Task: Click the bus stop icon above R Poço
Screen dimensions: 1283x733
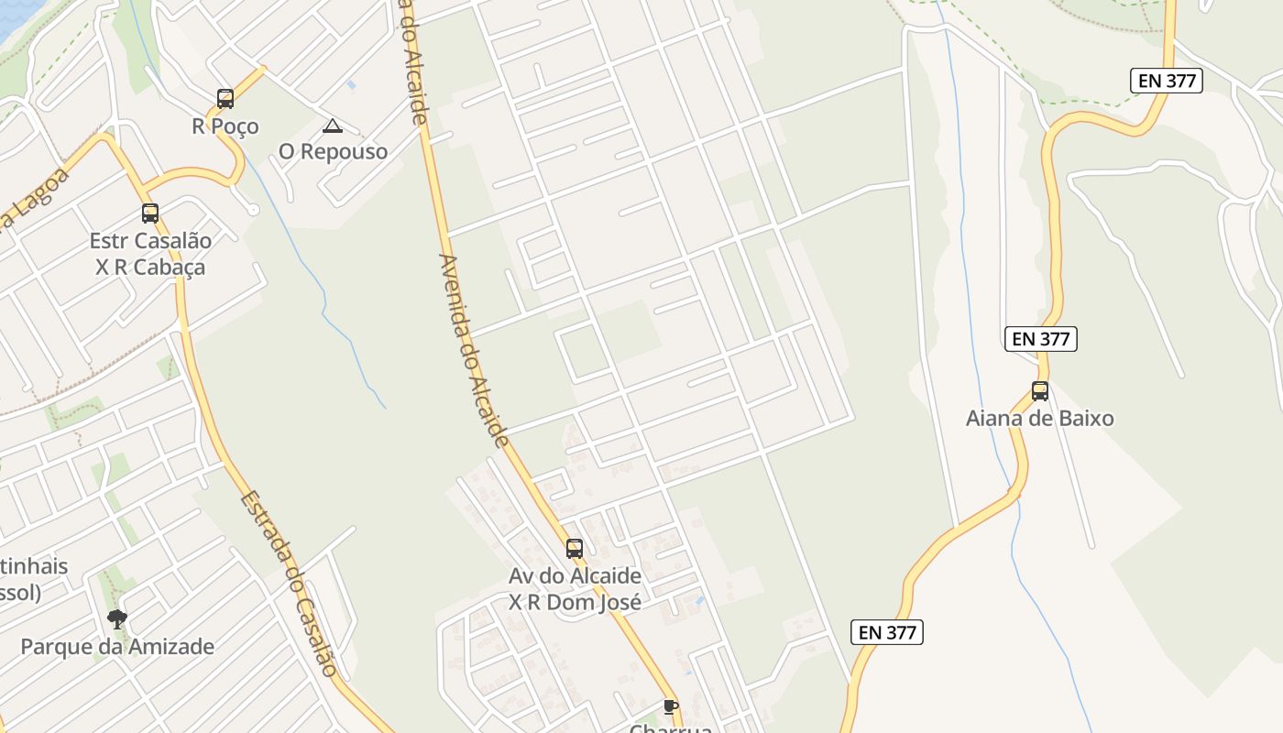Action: (x=225, y=99)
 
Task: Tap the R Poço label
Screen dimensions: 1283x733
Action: (x=225, y=126)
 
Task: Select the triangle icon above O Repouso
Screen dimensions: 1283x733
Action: (x=333, y=126)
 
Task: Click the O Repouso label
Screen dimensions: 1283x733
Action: (x=333, y=151)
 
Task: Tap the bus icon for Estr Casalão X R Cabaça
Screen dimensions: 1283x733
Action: (x=150, y=213)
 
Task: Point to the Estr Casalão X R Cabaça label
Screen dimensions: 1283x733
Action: (x=150, y=254)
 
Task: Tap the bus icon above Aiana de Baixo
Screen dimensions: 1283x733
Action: (x=1040, y=391)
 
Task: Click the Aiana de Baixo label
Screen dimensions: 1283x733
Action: (x=1040, y=419)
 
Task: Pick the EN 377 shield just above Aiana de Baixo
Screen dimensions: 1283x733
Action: (x=1040, y=339)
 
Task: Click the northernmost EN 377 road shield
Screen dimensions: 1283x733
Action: (x=1166, y=81)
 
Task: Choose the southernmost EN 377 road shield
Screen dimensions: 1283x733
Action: (x=886, y=632)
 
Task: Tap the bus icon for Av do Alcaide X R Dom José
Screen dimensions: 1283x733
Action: (x=575, y=549)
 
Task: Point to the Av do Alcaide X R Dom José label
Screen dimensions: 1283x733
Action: (x=575, y=589)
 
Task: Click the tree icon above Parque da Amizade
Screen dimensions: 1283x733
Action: (x=116, y=619)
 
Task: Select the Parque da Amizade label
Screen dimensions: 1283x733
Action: (x=117, y=647)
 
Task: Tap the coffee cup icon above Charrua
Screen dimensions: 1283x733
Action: (x=671, y=706)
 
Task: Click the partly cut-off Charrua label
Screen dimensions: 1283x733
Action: (x=671, y=728)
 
